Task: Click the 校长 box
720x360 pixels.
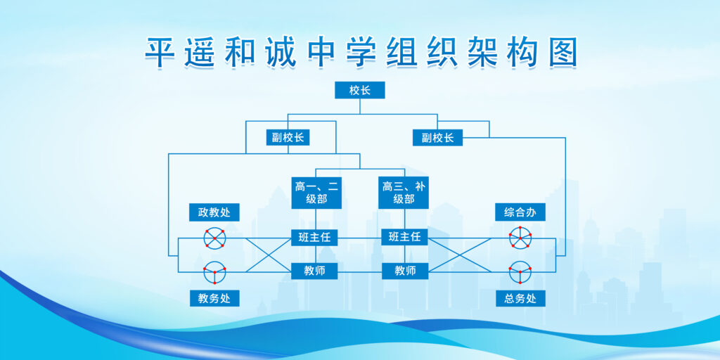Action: click(359, 90)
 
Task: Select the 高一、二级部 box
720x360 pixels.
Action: click(316, 193)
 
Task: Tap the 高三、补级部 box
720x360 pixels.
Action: click(404, 193)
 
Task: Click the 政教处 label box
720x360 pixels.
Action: click(214, 212)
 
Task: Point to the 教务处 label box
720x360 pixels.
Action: click(214, 298)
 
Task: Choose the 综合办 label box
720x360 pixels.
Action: click(520, 212)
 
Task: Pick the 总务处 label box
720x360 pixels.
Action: click(520, 298)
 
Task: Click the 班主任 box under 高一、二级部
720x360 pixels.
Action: click(314, 237)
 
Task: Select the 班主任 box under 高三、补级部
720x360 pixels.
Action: click(404, 237)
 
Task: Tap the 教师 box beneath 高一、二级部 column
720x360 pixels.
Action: click(314, 271)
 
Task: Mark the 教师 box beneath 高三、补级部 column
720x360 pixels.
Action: click(405, 271)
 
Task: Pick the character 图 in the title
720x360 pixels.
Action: click(562, 52)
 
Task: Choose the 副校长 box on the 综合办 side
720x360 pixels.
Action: click(437, 137)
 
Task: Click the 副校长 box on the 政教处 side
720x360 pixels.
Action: click(288, 137)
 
